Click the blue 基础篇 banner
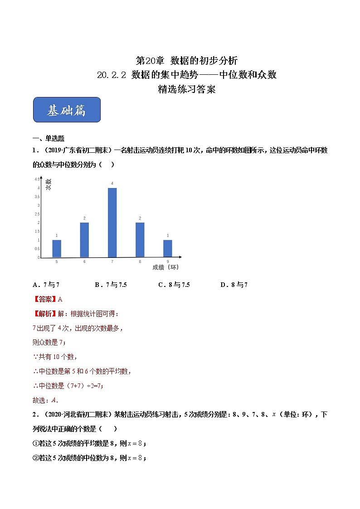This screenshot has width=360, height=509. click(x=67, y=110)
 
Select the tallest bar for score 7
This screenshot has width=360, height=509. click(x=112, y=223)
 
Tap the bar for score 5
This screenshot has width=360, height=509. click(x=57, y=249)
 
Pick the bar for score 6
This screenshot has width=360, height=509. click(x=84, y=240)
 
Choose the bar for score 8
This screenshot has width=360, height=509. click(x=140, y=240)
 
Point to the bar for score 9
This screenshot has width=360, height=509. click(x=167, y=249)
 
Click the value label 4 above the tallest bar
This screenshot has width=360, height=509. click(x=112, y=184)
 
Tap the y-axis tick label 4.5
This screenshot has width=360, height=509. click(x=37, y=179)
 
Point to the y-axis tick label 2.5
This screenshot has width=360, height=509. click(x=37, y=214)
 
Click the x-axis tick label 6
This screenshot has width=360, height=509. click(x=84, y=262)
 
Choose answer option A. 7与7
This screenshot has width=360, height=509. click(x=46, y=285)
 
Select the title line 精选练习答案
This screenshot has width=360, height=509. click(x=186, y=89)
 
